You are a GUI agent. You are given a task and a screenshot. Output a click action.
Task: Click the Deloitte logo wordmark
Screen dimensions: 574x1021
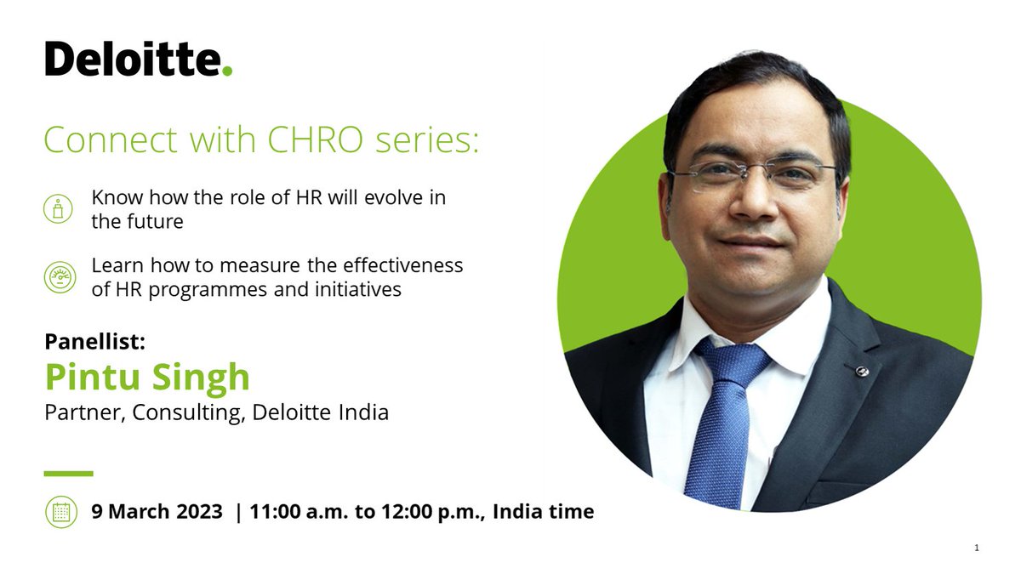coord(132,59)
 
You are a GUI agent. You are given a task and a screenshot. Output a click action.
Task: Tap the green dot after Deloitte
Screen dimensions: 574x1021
coord(227,71)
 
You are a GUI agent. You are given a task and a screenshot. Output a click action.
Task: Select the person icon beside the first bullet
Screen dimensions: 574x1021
coord(58,209)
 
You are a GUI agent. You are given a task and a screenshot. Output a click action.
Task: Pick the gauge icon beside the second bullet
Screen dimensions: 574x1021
coord(58,277)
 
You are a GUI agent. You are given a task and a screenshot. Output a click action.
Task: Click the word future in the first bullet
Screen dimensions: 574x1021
coord(153,221)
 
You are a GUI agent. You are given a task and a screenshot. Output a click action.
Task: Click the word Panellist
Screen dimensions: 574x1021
coord(95,342)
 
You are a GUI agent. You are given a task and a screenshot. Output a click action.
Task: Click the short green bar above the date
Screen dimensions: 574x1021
coord(68,474)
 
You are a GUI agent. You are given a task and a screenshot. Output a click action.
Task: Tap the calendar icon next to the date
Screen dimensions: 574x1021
coord(60,512)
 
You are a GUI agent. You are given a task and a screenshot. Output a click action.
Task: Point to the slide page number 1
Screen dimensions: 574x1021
coord(977,548)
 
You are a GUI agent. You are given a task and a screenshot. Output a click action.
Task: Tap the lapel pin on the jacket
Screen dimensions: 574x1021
coord(860,370)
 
